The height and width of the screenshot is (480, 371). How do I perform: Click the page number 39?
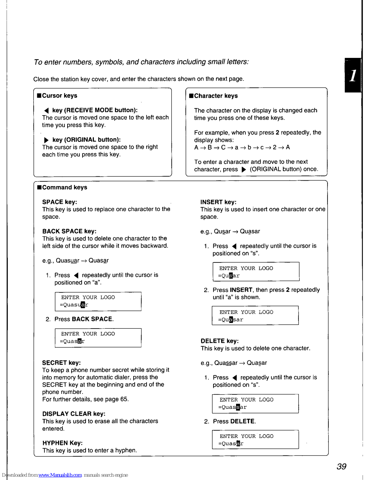click(x=341, y=466)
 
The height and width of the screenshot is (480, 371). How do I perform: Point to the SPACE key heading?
click(x=60, y=202)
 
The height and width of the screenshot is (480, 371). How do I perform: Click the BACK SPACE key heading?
click(x=69, y=231)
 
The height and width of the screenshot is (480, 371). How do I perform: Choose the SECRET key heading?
click(x=61, y=363)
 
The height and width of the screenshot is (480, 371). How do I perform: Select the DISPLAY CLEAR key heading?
click(x=74, y=414)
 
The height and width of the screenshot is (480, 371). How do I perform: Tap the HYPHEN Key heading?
click(x=62, y=443)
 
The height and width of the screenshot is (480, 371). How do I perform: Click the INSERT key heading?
click(x=218, y=202)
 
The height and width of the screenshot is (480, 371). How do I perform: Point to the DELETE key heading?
click(x=220, y=341)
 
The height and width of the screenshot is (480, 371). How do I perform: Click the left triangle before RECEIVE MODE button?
click(x=46, y=110)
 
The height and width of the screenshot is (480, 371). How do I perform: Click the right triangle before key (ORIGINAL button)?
click(x=46, y=140)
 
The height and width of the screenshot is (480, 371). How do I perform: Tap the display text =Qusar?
click(x=229, y=276)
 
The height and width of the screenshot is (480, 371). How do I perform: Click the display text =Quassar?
click(x=232, y=407)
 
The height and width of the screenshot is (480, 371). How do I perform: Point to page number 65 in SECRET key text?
click(x=124, y=399)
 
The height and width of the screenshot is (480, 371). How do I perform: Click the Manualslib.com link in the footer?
click(x=60, y=475)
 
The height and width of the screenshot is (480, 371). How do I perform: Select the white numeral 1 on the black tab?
click(x=353, y=75)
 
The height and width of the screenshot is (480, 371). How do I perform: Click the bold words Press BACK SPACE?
click(x=84, y=319)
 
